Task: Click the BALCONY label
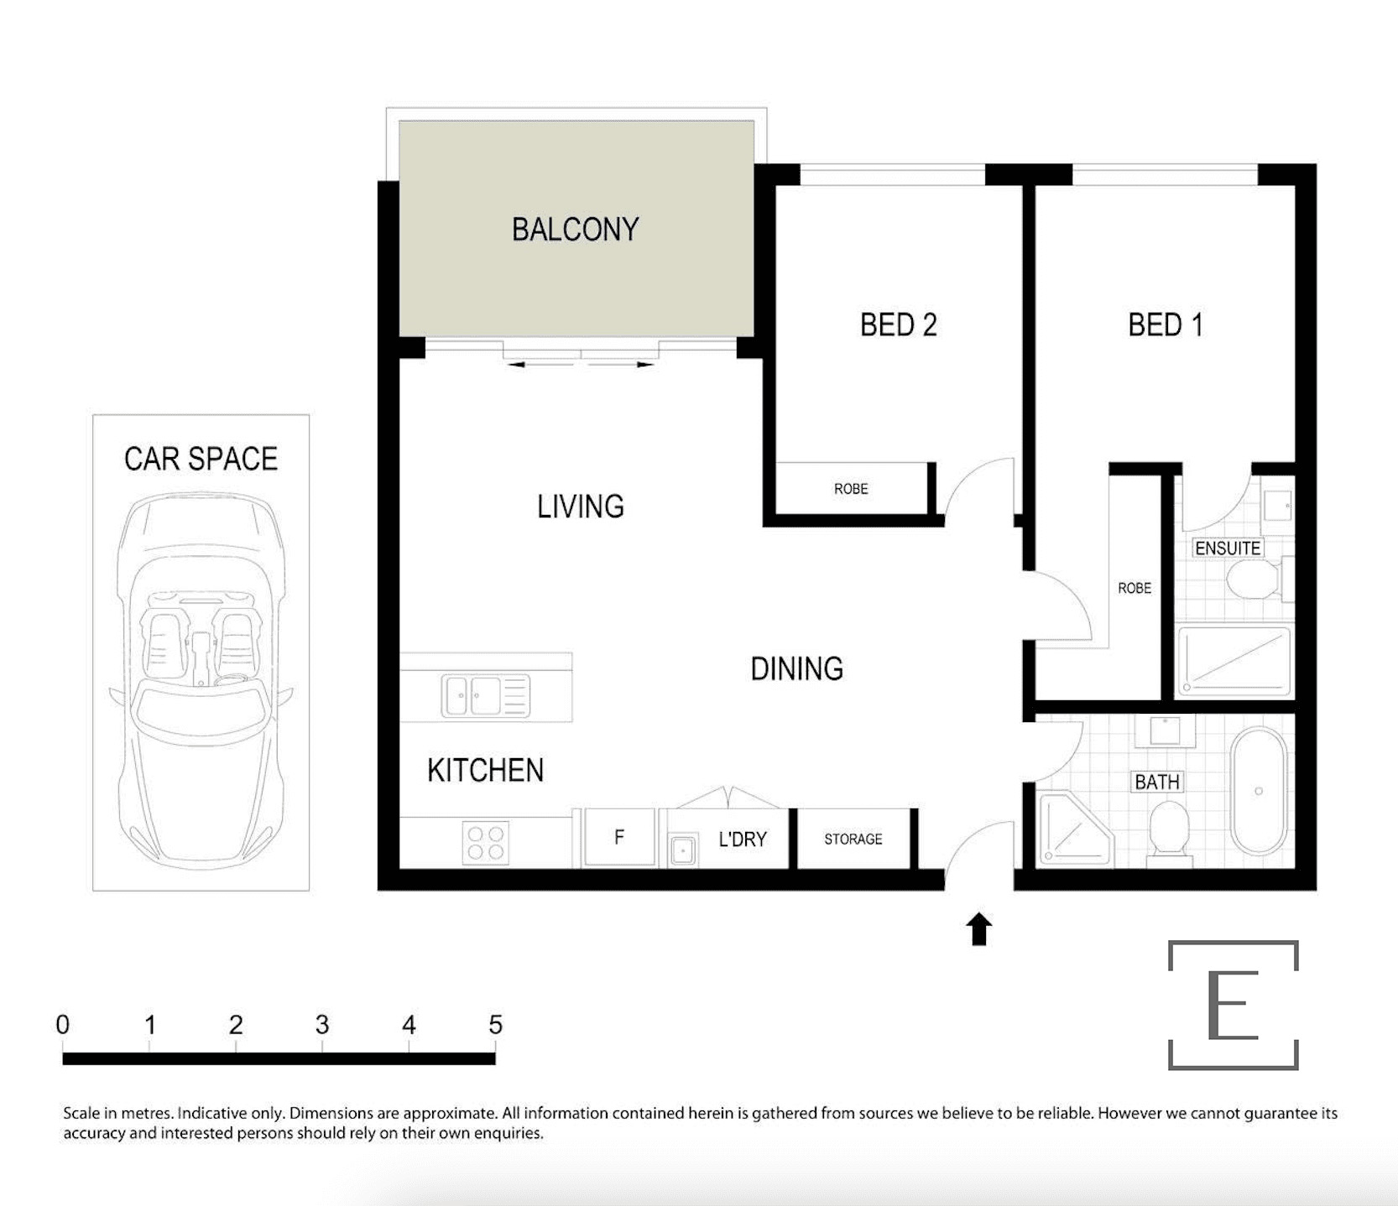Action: (x=576, y=230)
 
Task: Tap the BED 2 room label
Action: (x=899, y=325)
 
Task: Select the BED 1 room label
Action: (x=1166, y=325)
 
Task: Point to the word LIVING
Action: (x=581, y=507)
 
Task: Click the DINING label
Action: (x=797, y=668)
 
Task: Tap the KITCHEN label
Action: (x=486, y=770)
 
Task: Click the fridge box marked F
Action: (x=619, y=836)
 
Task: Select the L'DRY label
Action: (x=743, y=839)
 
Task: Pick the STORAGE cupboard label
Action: (x=853, y=839)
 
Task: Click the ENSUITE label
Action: (x=1228, y=548)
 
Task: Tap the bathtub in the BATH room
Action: (x=1259, y=791)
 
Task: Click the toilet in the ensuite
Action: (x=1255, y=579)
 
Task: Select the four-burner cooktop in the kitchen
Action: (x=486, y=843)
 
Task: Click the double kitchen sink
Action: (x=486, y=696)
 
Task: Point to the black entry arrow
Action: (x=978, y=929)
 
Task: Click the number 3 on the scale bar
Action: (x=322, y=1025)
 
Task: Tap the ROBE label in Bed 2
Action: (x=851, y=489)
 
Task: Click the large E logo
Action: (x=1233, y=1005)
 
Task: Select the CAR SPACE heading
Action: (x=201, y=459)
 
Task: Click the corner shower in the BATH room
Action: (x=1076, y=829)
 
